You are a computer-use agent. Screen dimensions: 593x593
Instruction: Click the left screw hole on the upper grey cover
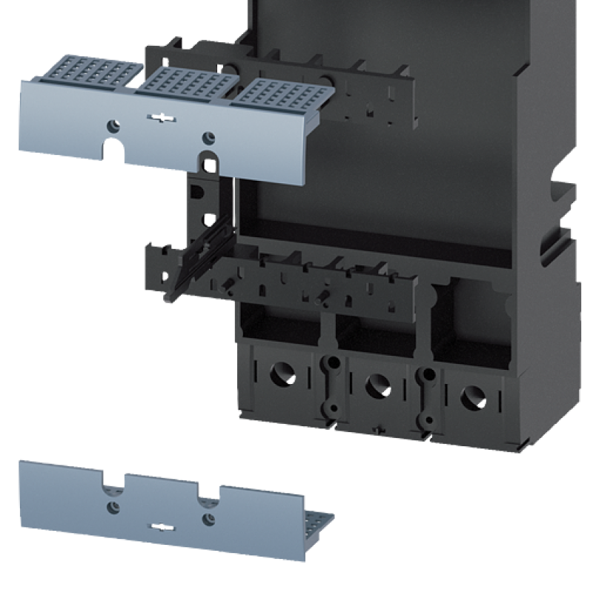click(113, 125)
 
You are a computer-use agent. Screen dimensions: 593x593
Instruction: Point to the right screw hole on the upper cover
click(208, 137)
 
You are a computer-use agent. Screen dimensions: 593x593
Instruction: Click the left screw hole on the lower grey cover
click(113, 506)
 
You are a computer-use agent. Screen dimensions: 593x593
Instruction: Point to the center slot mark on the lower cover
click(160, 527)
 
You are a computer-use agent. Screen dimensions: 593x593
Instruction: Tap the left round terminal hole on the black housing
click(281, 374)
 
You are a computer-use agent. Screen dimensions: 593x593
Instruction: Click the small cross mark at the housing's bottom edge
click(379, 429)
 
